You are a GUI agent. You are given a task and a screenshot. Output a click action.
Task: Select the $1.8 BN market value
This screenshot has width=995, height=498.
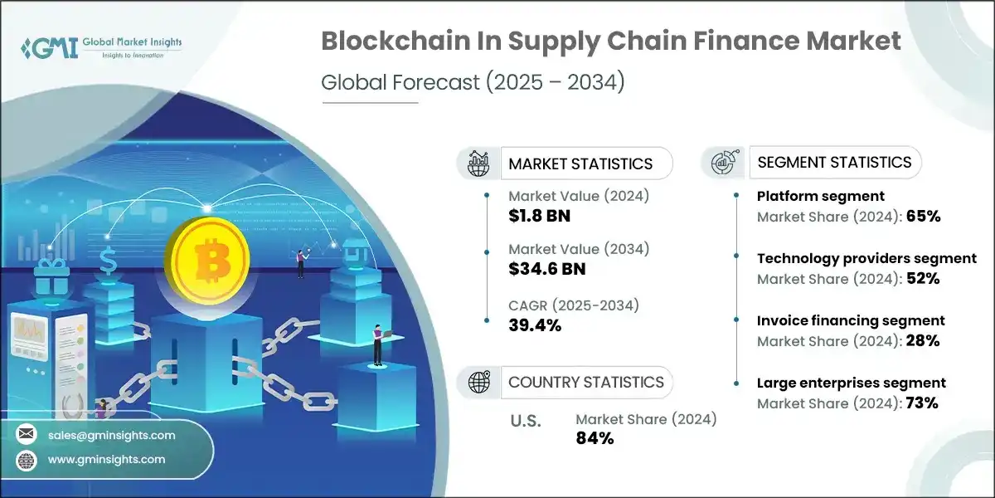[x=539, y=217]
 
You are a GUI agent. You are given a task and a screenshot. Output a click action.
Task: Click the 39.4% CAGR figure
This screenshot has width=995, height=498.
[x=535, y=325]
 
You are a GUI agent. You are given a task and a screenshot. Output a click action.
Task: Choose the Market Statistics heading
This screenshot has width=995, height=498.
[x=580, y=164]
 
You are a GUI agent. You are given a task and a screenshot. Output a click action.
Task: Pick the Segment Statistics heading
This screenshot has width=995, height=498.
[x=835, y=163]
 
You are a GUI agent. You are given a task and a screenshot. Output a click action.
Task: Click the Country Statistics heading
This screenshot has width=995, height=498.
[x=586, y=383]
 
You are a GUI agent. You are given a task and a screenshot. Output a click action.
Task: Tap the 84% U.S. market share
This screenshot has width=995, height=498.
[x=595, y=438]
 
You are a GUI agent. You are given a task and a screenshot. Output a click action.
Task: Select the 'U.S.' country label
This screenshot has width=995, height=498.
[x=526, y=421]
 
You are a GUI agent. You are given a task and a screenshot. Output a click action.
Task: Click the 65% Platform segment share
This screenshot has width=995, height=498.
[x=923, y=217]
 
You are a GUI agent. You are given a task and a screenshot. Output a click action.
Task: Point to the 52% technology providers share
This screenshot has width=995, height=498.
[x=923, y=279]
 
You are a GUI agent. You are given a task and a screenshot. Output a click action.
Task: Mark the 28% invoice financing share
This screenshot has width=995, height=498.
[x=923, y=340]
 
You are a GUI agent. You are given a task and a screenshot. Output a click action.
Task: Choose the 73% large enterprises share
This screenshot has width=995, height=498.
[x=922, y=403]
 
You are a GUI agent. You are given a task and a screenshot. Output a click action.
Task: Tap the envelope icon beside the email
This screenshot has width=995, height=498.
[x=27, y=435]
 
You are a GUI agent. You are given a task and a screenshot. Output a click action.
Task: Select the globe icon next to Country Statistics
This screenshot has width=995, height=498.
[x=479, y=383]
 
